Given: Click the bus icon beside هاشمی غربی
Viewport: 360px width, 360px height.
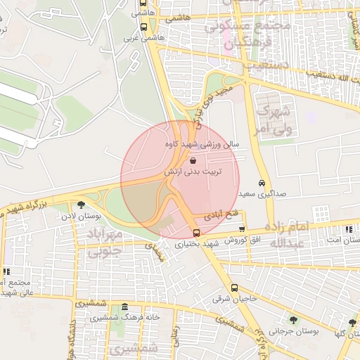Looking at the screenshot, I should tap(143, 27).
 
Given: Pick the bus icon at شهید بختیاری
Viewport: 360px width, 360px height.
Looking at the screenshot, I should tap(196, 233).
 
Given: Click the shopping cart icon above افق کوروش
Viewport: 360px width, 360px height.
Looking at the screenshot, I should tap(243, 229).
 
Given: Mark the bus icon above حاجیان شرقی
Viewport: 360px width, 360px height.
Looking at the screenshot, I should tap(234, 288).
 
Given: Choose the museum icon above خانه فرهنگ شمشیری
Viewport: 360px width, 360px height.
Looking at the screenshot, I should tap(124, 307).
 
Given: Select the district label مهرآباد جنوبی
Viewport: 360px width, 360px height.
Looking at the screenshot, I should tap(109, 240).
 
